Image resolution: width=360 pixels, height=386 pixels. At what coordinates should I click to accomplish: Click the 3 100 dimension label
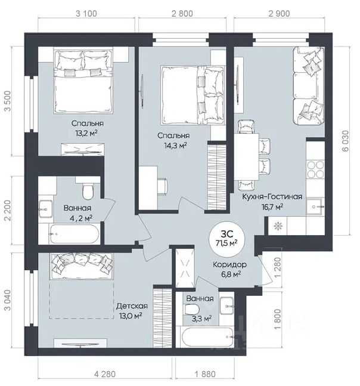tap(86, 14)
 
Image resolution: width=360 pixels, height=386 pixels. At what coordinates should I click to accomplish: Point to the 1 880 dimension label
tap(205, 374)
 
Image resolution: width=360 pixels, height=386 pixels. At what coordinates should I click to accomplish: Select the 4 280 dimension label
tap(104, 374)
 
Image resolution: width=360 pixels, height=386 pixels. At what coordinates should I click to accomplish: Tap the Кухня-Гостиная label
tap(272, 197)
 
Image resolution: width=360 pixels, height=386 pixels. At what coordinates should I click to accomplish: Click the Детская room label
tap(132, 306)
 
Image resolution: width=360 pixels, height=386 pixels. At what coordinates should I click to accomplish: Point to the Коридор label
tap(229, 265)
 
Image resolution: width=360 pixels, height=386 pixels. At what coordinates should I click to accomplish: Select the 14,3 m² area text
tap(175, 146)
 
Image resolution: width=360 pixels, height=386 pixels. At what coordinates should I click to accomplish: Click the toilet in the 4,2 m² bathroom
tap(88, 192)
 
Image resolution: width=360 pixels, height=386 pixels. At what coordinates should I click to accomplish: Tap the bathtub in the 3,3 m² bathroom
tap(207, 336)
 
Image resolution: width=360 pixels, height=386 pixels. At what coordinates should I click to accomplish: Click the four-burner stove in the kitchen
tap(315, 169)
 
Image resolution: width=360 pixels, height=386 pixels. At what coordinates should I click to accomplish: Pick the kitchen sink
tap(315, 207)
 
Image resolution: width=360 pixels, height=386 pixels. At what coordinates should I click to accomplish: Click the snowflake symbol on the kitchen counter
tap(278, 226)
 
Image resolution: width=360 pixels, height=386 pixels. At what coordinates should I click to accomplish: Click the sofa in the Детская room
tap(82, 267)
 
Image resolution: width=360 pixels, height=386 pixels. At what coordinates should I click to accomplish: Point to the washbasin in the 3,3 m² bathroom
tap(226, 306)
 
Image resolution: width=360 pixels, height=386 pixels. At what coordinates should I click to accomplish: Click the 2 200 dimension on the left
tap(8, 211)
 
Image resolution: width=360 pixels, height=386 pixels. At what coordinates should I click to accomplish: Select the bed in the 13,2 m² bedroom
tap(83, 82)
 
